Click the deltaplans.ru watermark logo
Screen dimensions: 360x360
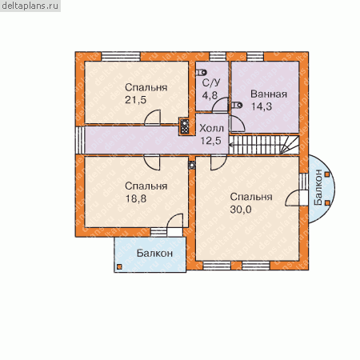tap(30, 6)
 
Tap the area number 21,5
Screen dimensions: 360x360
tap(136, 100)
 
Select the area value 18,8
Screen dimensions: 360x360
tap(136, 198)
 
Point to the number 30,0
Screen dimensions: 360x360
tap(241, 210)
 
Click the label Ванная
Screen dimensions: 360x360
tap(269, 94)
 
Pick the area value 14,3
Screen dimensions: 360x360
tap(262, 106)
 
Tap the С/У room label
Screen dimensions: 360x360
tap(211, 83)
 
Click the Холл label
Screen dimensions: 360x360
tap(211, 129)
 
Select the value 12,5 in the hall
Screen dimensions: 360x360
tap(211, 141)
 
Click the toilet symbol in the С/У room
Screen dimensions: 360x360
tap(202, 72)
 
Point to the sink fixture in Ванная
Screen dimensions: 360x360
tap(237, 106)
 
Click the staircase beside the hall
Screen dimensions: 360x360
tap(264, 145)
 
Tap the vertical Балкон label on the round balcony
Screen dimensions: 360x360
tap(318, 187)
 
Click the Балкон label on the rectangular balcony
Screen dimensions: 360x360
tap(154, 253)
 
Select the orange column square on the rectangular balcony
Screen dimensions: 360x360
tap(119, 266)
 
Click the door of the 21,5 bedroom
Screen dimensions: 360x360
tap(152, 118)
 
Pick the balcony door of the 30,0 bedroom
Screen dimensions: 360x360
tap(297, 198)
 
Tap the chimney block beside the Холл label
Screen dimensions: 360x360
tap(184, 126)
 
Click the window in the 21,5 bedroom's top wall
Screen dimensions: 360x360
tap(121, 57)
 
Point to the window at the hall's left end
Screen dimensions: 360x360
tap(80, 140)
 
